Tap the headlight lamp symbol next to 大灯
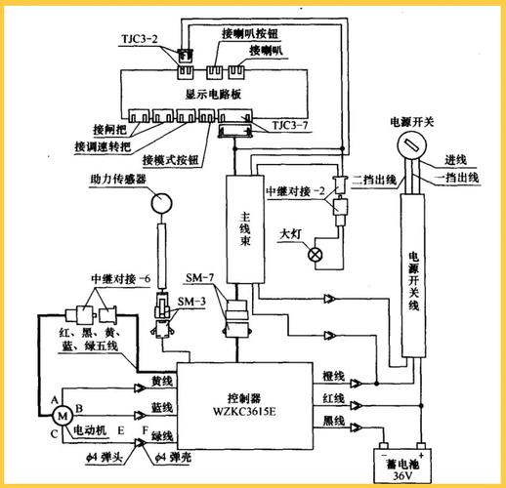pyautogui.click(x=315, y=255)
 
